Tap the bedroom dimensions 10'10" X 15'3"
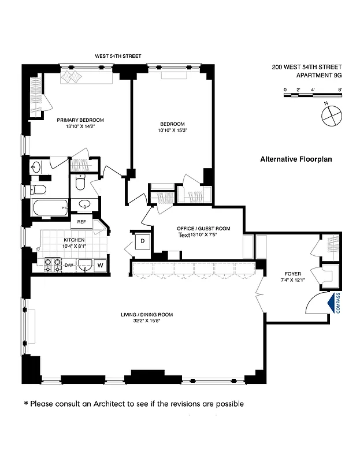point(172,131)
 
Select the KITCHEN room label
point(74,240)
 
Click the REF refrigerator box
point(81,221)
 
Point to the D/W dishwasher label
point(69,265)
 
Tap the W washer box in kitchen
point(100,265)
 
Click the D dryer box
point(142,241)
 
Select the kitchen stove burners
point(53,264)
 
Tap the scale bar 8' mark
point(340,90)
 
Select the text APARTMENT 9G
point(318,74)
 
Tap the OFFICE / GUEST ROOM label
point(203,229)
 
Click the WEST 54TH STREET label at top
point(118,56)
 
